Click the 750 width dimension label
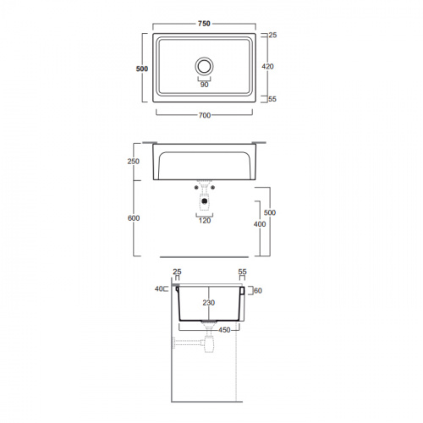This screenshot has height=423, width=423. pyautogui.click(x=204, y=24)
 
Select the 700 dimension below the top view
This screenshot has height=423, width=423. pyautogui.click(x=205, y=115)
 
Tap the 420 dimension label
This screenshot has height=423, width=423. pyautogui.click(x=267, y=67)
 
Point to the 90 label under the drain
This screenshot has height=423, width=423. pyautogui.click(x=204, y=85)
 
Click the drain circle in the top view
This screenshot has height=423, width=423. pyautogui.click(x=204, y=67)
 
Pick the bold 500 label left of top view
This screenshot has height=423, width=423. pyautogui.click(x=142, y=69)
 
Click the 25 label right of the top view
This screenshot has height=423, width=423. pyautogui.click(x=272, y=35)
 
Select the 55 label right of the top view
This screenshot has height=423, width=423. pyautogui.click(x=272, y=99)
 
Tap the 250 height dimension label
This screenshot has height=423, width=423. pyautogui.click(x=134, y=162)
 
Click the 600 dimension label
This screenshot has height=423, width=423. pyautogui.click(x=134, y=218)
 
